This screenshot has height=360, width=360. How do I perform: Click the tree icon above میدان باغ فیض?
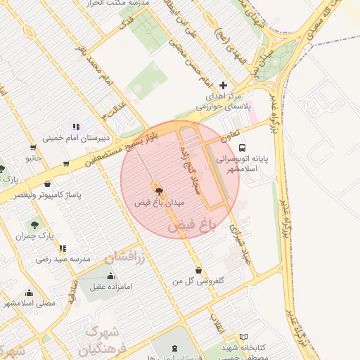(x=158, y=190)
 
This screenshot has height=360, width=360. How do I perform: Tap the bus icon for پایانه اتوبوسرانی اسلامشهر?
(x=242, y=148)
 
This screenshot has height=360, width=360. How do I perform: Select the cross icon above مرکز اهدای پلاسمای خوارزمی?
(x=224, y=84)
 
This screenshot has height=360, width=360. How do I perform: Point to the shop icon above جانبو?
(x=33, y=148)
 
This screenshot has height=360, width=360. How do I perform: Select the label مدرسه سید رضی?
(x=65, y=259)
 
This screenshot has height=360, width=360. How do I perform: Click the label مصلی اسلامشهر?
(x=30, y=303)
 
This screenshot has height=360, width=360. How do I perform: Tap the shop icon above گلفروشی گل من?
(x=198, y=270)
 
